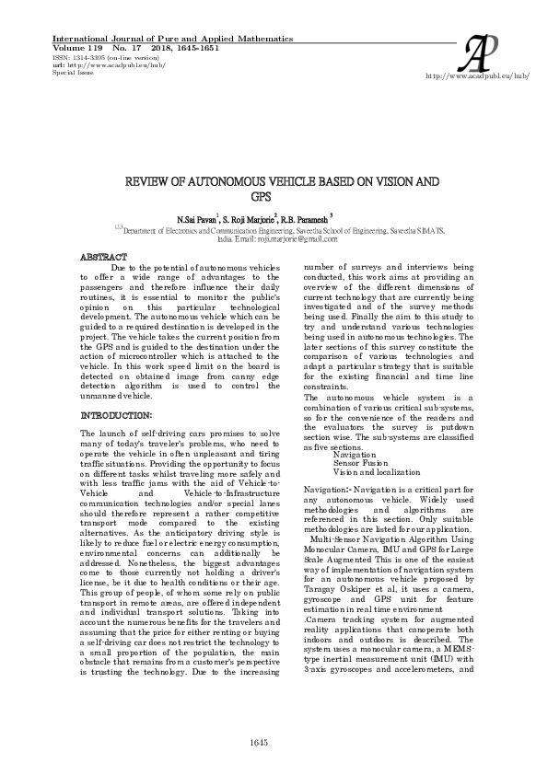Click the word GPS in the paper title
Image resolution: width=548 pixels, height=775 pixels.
257,196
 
